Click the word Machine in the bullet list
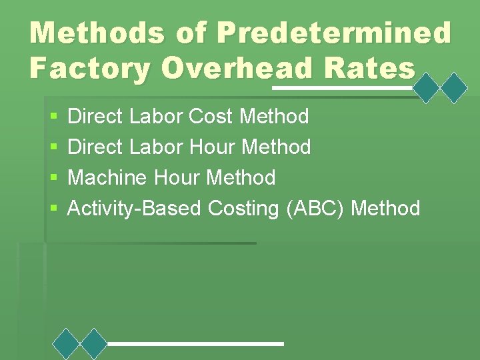click(108, 178)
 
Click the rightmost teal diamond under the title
click(454, 87)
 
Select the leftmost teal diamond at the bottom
click(66, 343)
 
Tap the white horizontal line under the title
click(343, 87)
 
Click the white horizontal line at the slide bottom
click(195, 343)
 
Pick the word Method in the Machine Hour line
click(241, 178)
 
